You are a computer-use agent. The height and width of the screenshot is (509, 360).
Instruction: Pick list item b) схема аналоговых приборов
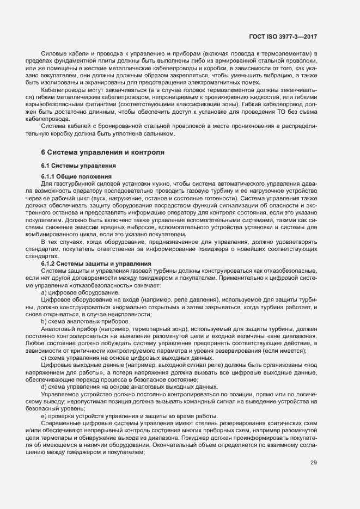82,322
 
